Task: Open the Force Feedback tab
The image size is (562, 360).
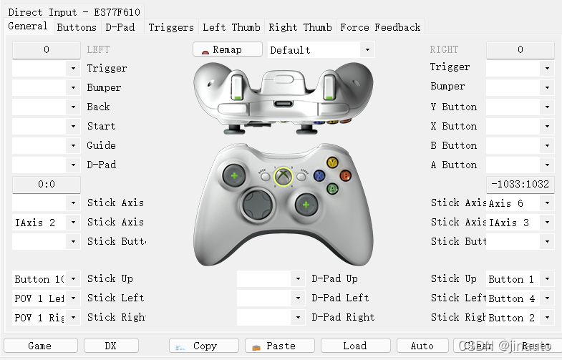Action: coord(380,27)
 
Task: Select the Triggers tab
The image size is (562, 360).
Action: coord(170,27)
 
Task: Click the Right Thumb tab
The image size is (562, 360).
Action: coord(300,27)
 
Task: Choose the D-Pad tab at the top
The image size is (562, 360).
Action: coord(120,27)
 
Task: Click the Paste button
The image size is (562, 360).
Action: coord(280,346)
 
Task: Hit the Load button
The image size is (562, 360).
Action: coord(355,346)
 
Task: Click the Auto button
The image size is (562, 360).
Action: coord(422,346)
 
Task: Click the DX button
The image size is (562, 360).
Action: coord(111,346)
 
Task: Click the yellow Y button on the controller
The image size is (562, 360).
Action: coord(332,162)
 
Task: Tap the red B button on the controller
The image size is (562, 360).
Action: coord(345,175)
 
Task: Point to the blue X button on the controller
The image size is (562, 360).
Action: coord(319,175)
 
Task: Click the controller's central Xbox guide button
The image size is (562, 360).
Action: coord(284,176)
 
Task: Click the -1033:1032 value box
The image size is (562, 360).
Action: coord(520,184)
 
